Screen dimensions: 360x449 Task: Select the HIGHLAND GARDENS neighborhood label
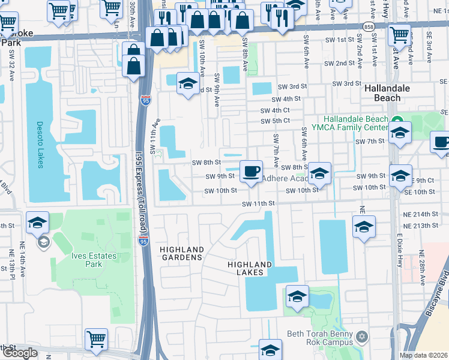point(181,253)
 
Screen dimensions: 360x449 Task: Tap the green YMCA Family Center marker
point(397,119)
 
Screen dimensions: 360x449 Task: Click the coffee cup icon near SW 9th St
point(250,171)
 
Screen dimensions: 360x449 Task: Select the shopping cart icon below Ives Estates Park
point(96,339)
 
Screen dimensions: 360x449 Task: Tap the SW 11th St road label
point(258,204)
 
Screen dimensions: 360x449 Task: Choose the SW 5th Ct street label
point(276,121)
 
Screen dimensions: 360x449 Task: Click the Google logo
point(20,353)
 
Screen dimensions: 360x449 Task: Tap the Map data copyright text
point(424,355)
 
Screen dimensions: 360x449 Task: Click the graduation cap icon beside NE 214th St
point(364,227)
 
